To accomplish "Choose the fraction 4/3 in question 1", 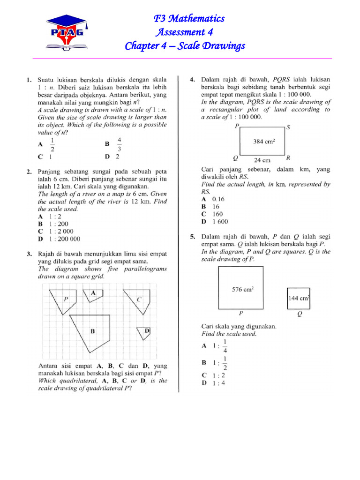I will coord(120,145).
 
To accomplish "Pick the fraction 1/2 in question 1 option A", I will coord(52,145).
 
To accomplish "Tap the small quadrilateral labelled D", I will coord(143,332).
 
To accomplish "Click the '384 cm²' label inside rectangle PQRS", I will coord(264,141).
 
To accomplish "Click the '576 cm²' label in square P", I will coord(242,289).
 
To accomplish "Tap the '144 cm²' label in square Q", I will coord(300,298).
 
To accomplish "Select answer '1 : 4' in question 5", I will coord(210,383).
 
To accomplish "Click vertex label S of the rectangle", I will coord(288,127).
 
